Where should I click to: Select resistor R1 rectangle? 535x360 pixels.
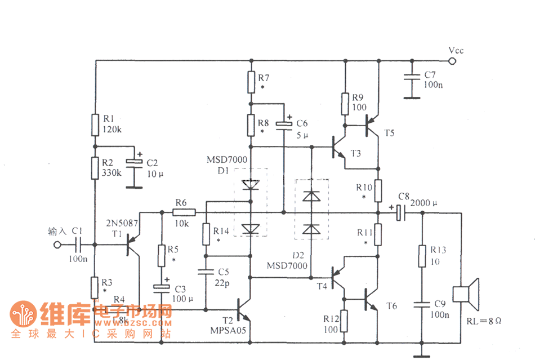[95, 125]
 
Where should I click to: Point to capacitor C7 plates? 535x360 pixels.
[413, 78]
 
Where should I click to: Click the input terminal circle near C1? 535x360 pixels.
[56, 245]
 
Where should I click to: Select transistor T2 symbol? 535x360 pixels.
[246, 309]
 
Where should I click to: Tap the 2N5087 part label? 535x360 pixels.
[122, 224]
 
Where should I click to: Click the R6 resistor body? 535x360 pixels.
[184, 212]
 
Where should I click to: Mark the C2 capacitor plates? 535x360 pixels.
[134, 163]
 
